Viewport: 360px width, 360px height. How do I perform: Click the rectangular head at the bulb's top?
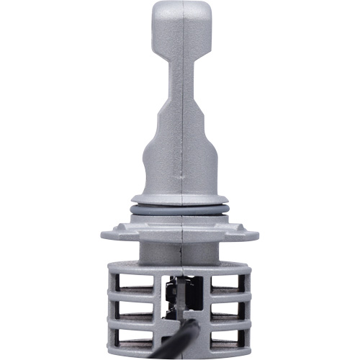point(179,29)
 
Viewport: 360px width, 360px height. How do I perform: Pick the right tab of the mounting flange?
point(249,232)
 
